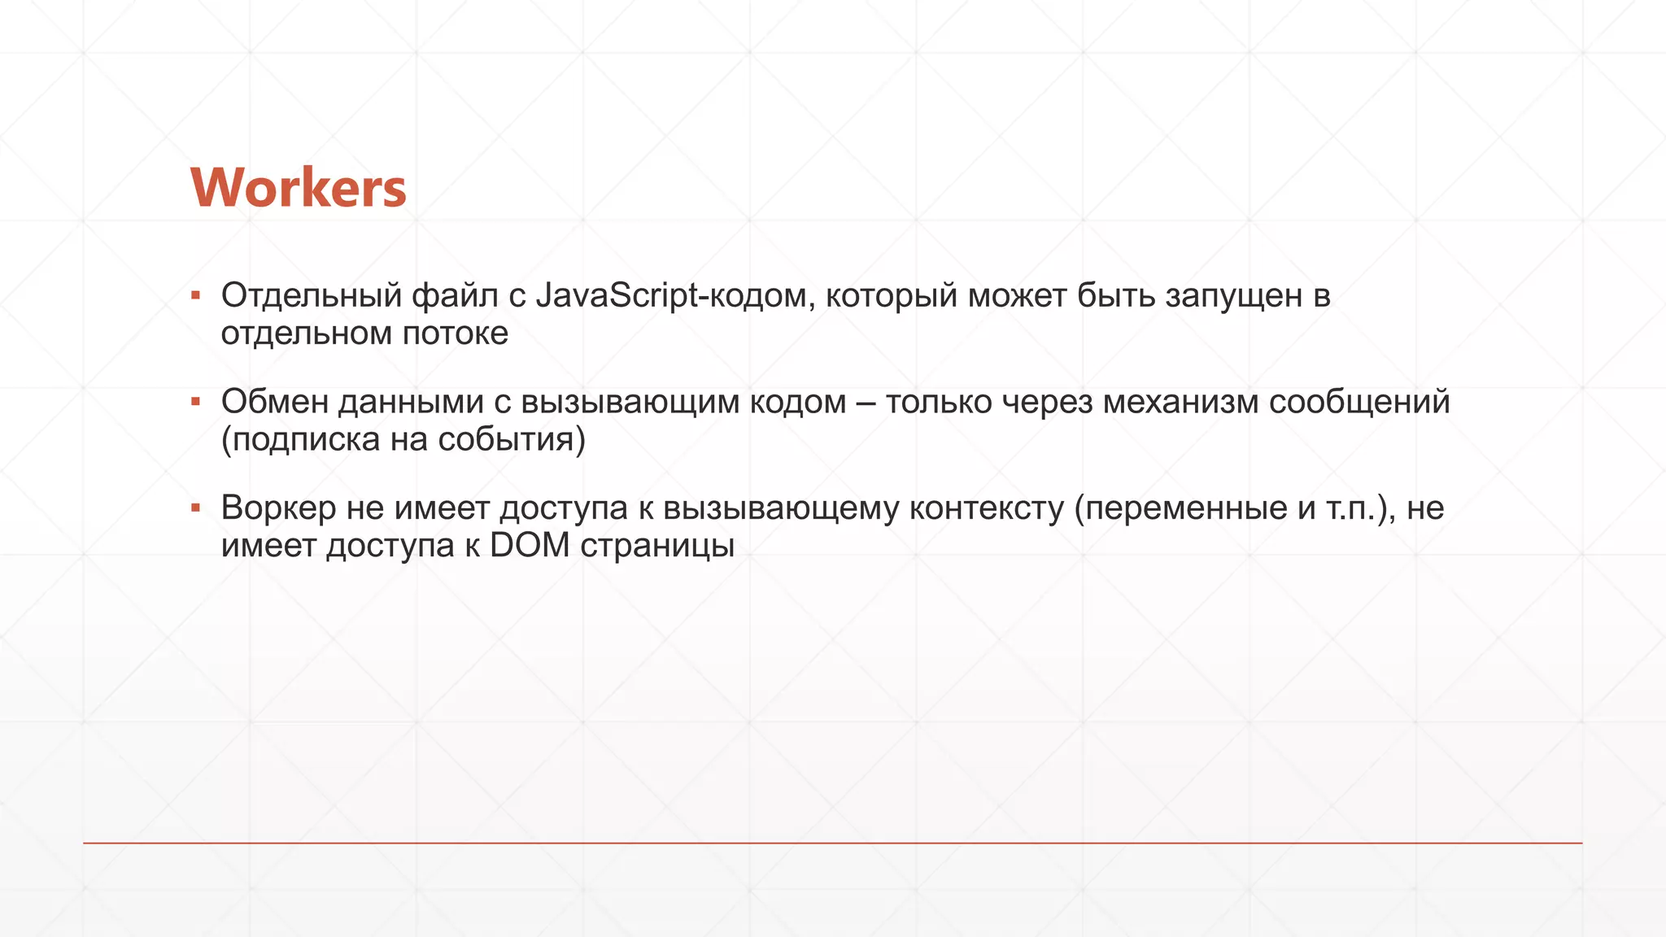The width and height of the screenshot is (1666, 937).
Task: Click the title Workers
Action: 298,188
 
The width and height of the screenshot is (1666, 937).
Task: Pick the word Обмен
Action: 274,402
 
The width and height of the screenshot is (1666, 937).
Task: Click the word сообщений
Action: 1359,402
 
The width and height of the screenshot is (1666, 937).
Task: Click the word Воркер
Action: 278,508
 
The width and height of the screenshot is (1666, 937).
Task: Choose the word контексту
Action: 986,508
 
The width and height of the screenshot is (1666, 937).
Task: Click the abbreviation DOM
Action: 530,546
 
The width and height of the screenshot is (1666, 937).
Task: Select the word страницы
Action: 657,546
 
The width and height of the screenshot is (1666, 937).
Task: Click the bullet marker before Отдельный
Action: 195,294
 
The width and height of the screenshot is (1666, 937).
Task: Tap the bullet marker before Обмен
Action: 195,401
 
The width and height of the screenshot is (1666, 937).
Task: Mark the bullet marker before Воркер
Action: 195,508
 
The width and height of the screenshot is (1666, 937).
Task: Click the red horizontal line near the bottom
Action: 833,843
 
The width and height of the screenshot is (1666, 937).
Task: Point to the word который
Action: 892,295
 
